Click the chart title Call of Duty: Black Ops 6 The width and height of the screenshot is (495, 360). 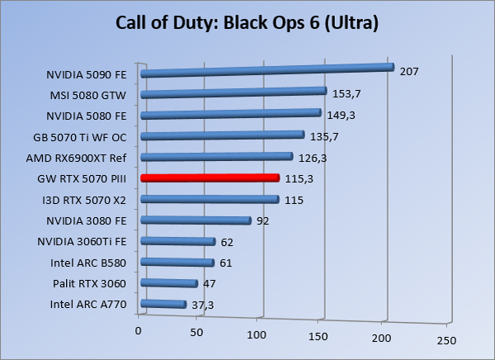pyautogui.click(x=247, y=23)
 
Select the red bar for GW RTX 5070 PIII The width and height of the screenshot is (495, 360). pyautogui.click(x=210, y=178)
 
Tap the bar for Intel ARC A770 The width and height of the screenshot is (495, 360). pyautogui.click(x=163, y=305)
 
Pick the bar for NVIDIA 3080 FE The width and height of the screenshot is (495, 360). pyautogui.click(x=196, y=220)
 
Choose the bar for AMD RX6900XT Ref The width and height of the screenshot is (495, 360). pyautogui.click(x=216, y=157)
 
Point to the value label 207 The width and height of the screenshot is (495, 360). pyautogui.click(x=409, y=72)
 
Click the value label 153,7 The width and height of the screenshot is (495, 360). pyautogui.click(x=347, y=93)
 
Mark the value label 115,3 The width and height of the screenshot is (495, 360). pyautogui.click(x=299, y=178)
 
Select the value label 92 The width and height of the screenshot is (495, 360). pyautogui.click(x=263, y=220)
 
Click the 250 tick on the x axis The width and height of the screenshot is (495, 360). pyautogui.click(x=445, y=340)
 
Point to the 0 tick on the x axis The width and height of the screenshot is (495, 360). pyautogui.click(x=139, y=331)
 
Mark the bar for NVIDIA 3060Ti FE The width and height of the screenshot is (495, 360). pyautogui.click(x=177, y=242)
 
